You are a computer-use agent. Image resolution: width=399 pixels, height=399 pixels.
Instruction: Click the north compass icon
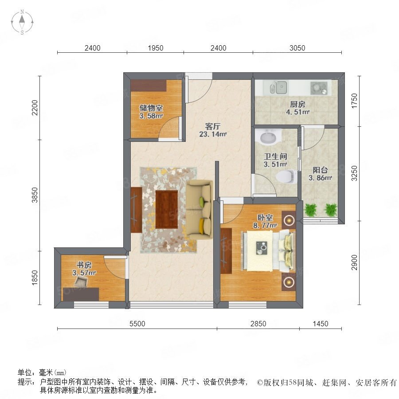click(x=22, y=22)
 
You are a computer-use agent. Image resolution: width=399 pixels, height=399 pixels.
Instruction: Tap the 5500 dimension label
click(x=137, y=324)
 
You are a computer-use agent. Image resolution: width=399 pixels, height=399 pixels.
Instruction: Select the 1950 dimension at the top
click(x=156, y=48)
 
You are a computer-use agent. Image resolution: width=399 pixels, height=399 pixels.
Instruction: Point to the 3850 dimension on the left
click(x=35, y=195)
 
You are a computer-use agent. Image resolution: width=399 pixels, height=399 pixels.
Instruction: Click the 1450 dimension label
click(x=321, y=324)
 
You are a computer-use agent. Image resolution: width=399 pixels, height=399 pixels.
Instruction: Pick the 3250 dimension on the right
click(x=354, y=173)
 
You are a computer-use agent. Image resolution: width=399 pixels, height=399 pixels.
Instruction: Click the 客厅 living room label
click(x=213, y=126)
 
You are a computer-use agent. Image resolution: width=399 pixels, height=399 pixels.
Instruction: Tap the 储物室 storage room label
click(x=151, y=108)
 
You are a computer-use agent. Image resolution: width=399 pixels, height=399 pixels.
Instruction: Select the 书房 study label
click(x=84, y=265)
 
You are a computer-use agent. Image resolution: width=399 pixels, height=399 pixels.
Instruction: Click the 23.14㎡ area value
click(x=213, y=134)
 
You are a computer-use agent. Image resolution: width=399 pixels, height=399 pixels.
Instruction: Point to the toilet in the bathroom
click(x=286, y=176)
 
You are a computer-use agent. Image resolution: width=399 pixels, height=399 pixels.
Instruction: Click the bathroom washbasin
click(x=268, y=137)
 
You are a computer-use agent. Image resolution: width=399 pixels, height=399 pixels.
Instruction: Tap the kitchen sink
click(x=278, y=87)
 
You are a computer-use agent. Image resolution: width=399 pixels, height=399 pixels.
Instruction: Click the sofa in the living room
click(x=199, y=210)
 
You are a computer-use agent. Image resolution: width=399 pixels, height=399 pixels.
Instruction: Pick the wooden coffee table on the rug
click(x=167, y=209)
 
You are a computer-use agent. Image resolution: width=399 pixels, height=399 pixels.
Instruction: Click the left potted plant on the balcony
click(x=311, y=210)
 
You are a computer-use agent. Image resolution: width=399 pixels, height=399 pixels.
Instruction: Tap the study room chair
click(x=82, y=282)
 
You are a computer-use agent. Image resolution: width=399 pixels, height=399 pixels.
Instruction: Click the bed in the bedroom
click(x=269, y=250)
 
